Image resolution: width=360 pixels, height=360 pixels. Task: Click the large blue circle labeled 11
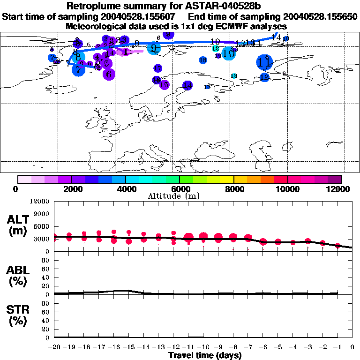coord(265,62)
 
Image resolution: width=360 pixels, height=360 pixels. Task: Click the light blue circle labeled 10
coord(228,53)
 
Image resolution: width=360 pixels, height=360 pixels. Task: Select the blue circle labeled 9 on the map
coord(154,48)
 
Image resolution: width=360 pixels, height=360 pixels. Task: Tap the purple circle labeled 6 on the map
coord(109,74)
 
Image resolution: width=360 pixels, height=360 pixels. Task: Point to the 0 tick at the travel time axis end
coord(352,347)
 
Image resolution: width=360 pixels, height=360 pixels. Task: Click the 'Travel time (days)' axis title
coord(205,355)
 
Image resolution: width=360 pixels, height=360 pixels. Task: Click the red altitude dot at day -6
coord(263,242)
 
